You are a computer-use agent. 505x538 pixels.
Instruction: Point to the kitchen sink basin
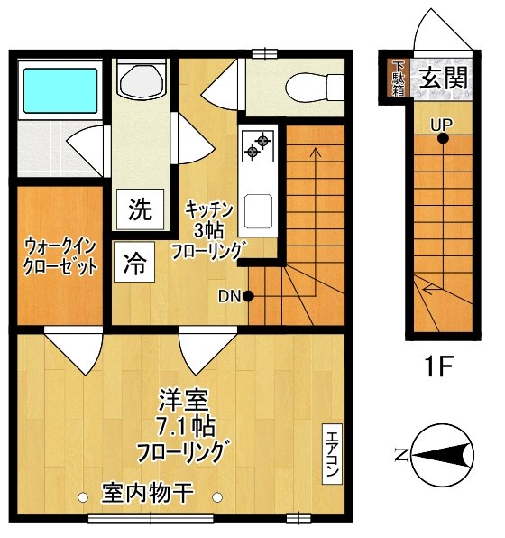[x=256, y=212]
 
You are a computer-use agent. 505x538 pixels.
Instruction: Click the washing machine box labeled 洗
[x=140, y=209]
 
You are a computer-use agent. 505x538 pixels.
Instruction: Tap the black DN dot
[x=247, y=295]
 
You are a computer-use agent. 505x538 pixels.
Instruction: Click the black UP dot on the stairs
[x=442, y=138]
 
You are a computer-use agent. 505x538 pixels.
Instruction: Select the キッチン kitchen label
[x=210, y=209]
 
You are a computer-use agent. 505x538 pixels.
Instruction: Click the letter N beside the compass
[x=399, y=454]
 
